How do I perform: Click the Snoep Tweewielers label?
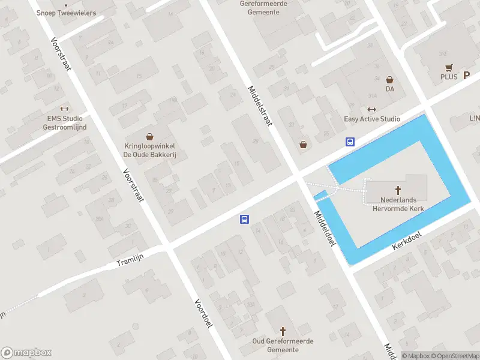(67, 12)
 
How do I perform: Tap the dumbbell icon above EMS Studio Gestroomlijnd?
(65, 109)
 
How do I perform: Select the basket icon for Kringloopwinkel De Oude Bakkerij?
(149, 137)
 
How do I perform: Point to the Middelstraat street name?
(260, 105)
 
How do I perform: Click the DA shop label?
(389, 89)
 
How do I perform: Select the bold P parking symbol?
(466, 76)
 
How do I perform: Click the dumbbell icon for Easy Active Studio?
(371, 109)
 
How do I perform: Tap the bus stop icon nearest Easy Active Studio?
(349, 142)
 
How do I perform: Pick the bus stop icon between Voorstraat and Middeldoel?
(244, 219)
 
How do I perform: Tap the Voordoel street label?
(203, 313)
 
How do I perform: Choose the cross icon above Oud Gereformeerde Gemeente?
(283, 331)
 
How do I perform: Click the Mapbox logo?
(26, 352)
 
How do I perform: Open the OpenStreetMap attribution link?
(454, 356)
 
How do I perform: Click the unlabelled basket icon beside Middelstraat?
(304, 144)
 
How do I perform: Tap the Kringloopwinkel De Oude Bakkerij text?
(149, 150)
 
